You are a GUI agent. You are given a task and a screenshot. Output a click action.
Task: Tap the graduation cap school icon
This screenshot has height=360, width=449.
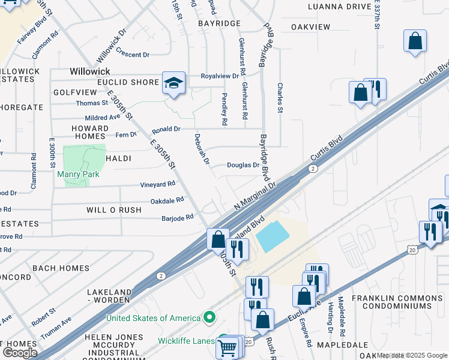pos(173,83)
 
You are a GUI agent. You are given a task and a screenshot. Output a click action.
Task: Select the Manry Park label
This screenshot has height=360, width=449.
pos(77,175)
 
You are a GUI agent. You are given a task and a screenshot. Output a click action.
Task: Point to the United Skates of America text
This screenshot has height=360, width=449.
pos(153,318)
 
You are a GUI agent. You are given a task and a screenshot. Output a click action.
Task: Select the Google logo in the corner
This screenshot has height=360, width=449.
pos(20,353)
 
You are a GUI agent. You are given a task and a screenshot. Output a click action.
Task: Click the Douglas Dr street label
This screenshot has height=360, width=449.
pos(243,165)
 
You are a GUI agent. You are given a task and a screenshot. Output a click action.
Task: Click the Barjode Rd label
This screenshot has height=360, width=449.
pos(178,217)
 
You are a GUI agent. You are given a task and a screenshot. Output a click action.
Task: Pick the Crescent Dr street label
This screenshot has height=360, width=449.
pos(133,53)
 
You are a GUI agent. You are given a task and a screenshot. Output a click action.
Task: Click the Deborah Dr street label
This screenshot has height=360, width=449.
pos(201,149)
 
